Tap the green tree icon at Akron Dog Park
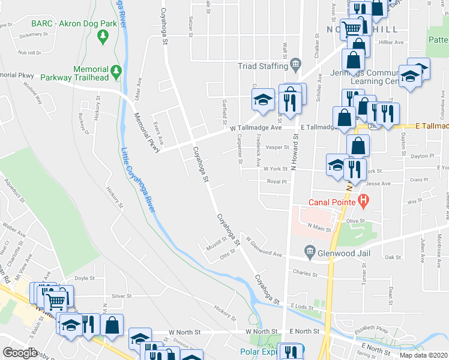pyautogui.click(x=103, y=37)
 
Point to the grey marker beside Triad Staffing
pyautogui.click(x=295, y=64)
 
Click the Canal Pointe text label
pyautogui.click(x=332, y=202)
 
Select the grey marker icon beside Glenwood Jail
pyautogui.click(x=310, y=250)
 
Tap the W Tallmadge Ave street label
pyautogui.click(x=256, y=128)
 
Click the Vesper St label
pyautogui.click(x=277, y=147)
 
